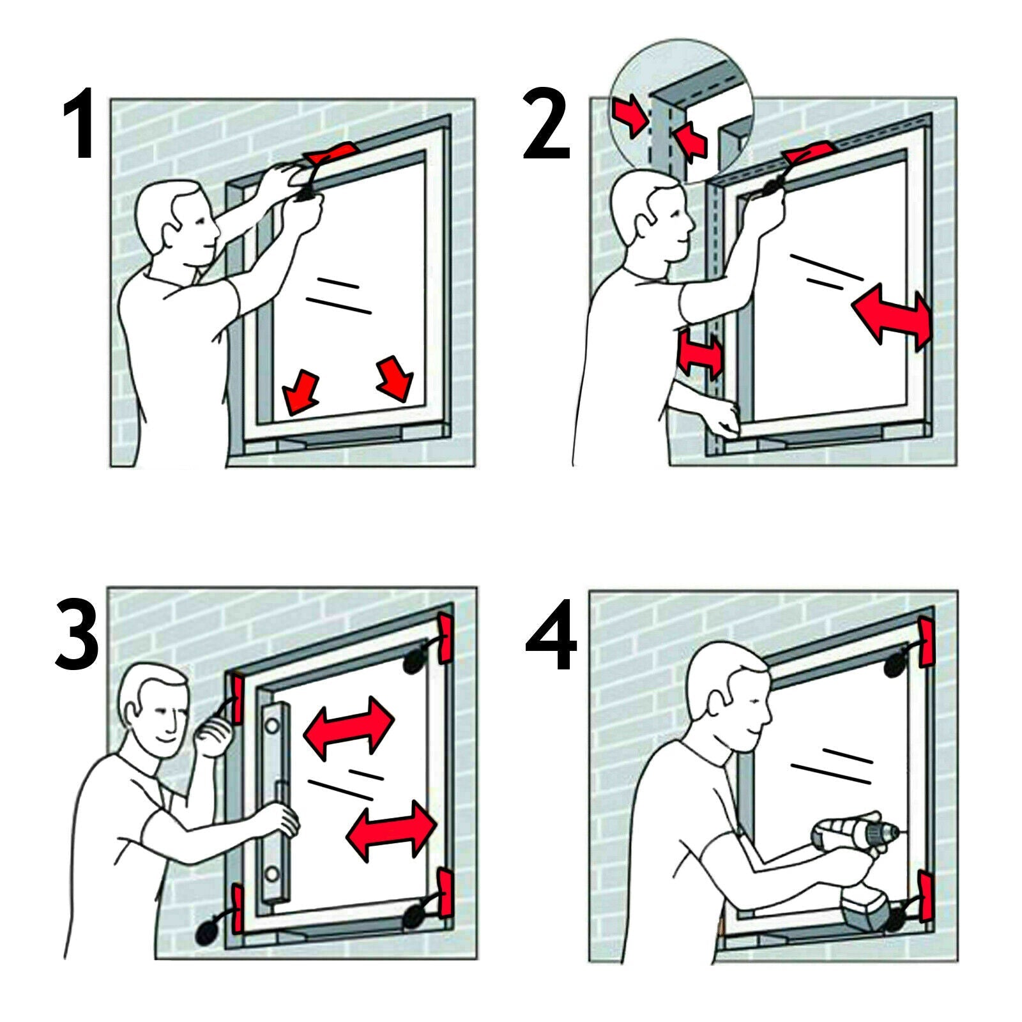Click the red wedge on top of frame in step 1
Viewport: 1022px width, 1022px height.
(x=332, y=153)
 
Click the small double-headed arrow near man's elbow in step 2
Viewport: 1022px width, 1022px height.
(x=701, y=351)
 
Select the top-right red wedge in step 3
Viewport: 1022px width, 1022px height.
(x=445, y=639)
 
